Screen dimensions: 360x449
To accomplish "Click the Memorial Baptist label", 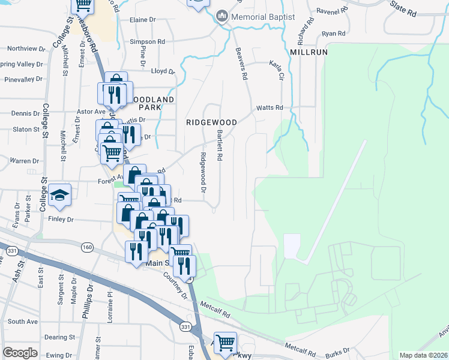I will (264, 17).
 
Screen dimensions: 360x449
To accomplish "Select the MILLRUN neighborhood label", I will (309, 52).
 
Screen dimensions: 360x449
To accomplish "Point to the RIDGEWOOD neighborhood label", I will (211, 122).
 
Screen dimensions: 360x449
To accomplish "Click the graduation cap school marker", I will (59, 195).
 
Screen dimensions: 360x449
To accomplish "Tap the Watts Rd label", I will (270, 108).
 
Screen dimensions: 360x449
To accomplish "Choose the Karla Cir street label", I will (277, 70).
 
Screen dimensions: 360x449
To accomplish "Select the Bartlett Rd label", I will (220, 146).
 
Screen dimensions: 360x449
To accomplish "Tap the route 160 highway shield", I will (88, 247).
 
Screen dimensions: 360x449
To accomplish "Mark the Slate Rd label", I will (403, 8).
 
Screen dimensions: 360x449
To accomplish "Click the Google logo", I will (20, 353).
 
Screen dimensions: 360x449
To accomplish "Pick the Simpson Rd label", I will (148, 42).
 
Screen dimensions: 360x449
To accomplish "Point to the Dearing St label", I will (59, 338).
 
